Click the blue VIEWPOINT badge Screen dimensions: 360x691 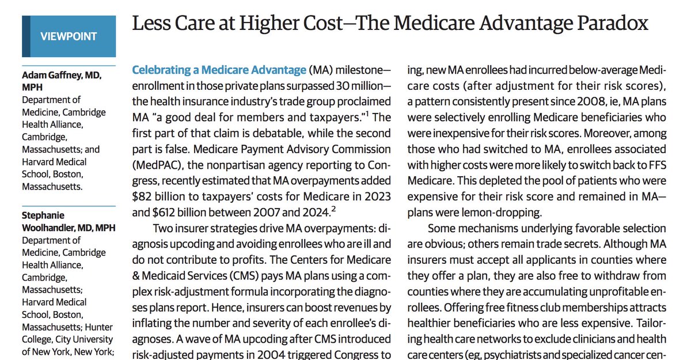tap(69, 36)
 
